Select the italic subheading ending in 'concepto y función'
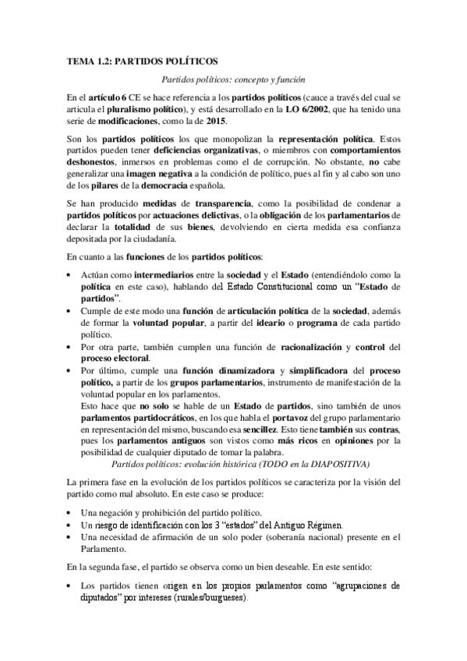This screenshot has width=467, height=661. pos(232,80)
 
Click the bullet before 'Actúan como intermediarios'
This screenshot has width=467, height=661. pos(70,274)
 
